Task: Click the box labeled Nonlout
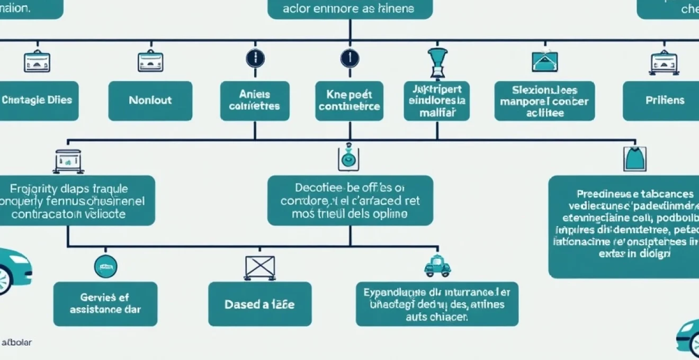point(150,101)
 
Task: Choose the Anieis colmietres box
point(255,101)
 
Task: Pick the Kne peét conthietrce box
point(349,101)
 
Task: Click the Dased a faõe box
point(259,304)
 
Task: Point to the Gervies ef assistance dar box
point(105,304)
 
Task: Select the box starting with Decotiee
point(350,201)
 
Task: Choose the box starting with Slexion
point(545,101)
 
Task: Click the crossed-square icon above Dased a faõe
point(259,267)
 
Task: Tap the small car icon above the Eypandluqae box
point(437,266)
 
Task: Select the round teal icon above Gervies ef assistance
point(105,266)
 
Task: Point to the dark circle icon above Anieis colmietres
point(255,58)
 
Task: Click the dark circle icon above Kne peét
point(349,58)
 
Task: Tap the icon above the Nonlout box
point(150,61)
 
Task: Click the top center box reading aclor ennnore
point(350,9)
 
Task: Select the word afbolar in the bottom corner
point(17,343)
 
